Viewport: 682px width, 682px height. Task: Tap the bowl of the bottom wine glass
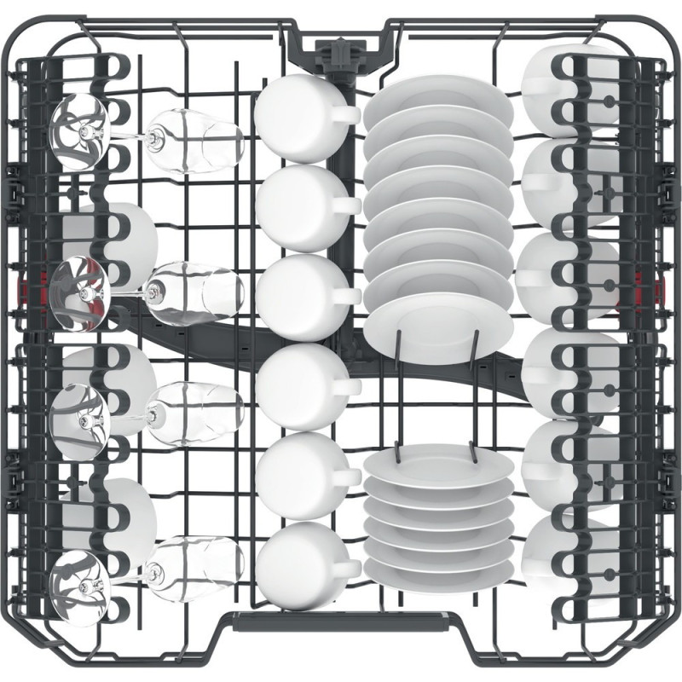200,563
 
